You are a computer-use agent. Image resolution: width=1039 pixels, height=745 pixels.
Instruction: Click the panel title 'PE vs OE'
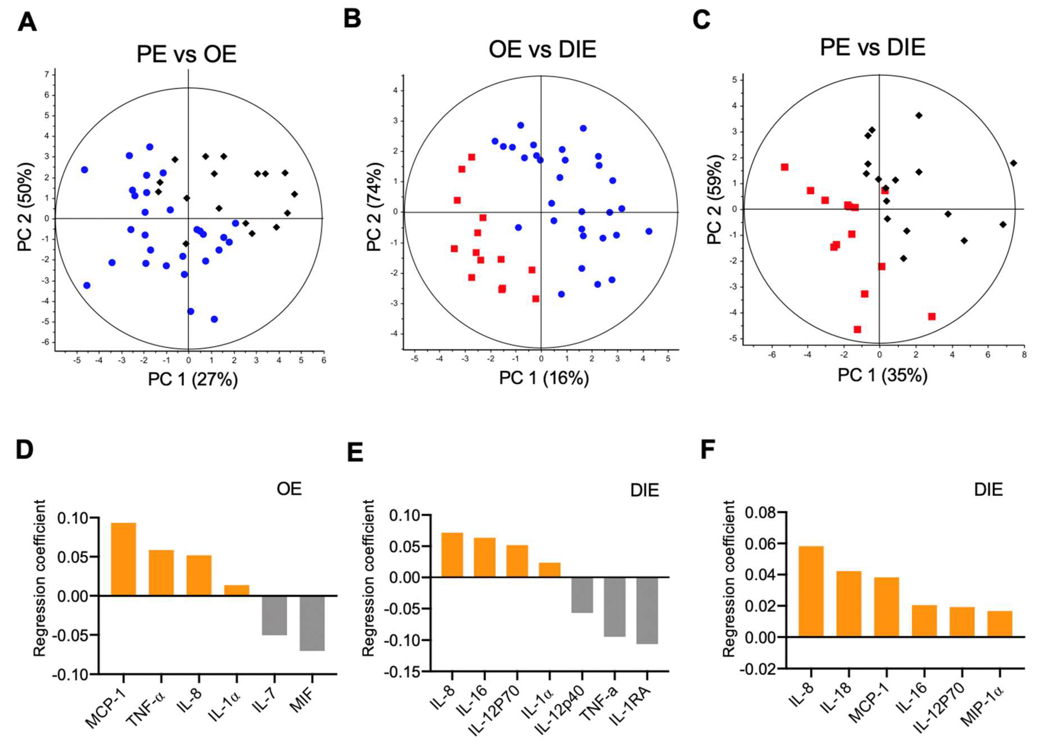186,55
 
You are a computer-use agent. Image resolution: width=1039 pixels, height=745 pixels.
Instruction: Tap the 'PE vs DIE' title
873,48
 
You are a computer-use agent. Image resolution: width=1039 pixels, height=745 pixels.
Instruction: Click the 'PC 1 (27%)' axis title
193,380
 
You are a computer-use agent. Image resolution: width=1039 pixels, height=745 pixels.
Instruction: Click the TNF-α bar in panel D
161,573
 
